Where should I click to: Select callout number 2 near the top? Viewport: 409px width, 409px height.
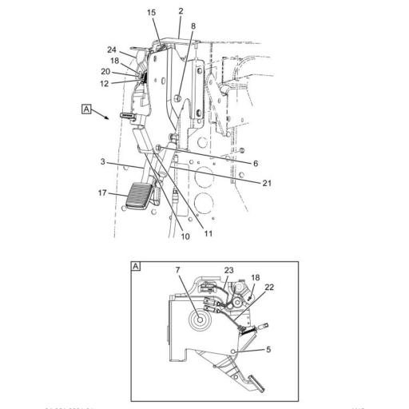[181, 11]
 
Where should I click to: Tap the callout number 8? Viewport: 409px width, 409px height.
[193, 26]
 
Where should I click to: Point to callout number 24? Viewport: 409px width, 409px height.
[112, 50]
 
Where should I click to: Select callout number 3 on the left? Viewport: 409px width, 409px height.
[103, 162]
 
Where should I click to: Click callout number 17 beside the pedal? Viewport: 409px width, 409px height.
[101, 192]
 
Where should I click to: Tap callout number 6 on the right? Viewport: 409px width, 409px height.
[256, 163]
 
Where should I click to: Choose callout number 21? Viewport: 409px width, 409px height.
[267, 183]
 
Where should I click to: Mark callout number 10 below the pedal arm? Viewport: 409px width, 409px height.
[185, 236]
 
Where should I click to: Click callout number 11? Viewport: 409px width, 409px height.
[208, 234]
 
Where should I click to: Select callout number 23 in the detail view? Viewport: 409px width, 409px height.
[228, 270]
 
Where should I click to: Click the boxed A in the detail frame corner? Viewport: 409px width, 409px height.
[136, 266]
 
